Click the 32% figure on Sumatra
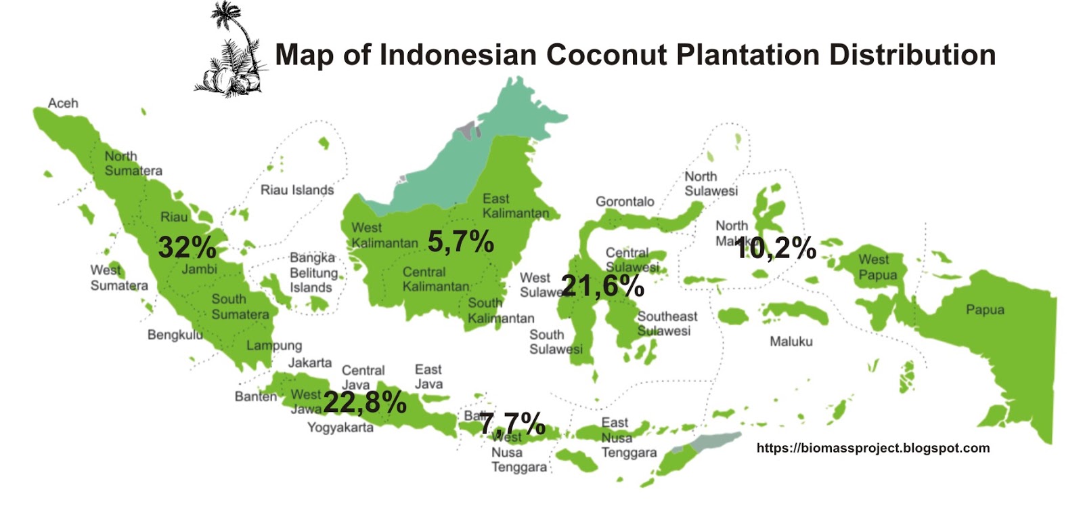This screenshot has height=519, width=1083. pyautogui.click(x=187, y=247)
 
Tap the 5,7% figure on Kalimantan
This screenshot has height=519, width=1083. pyautogui.click(x=460, y=242)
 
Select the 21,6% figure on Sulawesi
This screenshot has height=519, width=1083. pyautogui.click(x=602, y=286)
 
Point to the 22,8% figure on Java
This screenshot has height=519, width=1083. pyautogui.click(x=365, y=402)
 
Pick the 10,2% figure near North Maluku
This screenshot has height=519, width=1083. pyautogui.click(x=775, y=248)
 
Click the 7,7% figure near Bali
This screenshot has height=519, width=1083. pyautogui.click(x=512, y=424)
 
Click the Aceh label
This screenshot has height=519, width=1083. pyautogui.click(x=63, y=103)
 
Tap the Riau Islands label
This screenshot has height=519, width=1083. pyautogui.click(x=297, y=190)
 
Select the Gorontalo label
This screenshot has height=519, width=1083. pyautogui.click(x=625, y=201)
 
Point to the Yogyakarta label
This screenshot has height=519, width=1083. pyautogui.click(x=340, y=428)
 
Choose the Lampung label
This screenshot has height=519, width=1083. pyautogui.click(x=274, y=346)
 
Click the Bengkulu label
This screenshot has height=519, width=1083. pyautogui.click(x=175, y=335)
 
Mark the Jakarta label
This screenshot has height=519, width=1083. pyautogui.click(x=310, y=362)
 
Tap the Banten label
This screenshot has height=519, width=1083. pyautogui.click(x=256, y=396)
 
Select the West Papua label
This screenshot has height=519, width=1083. pyautogui.click(x=878, y=268)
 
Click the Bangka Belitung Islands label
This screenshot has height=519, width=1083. pyautogui.click(x=313, y=272)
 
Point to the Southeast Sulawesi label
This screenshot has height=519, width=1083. pyautogui.click(x=667, y=323)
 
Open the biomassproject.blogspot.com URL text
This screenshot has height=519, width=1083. pyautogui.click(x=873, y=448)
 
